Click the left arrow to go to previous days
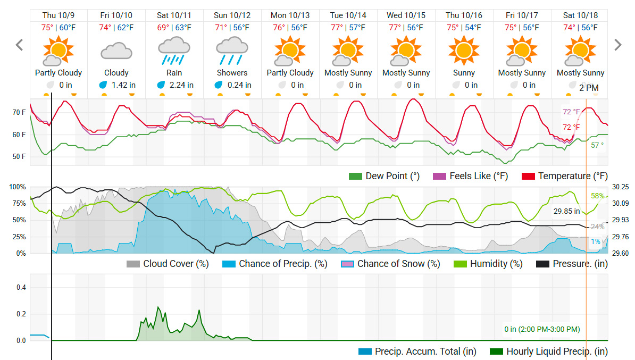[20, 45]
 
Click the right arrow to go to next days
[617, 45]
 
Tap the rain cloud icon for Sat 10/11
[174, 52]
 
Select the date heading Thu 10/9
[58, 15]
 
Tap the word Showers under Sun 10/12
[232, 73]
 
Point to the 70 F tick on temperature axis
[19, 113]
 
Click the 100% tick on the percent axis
[18, 187]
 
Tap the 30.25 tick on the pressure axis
[621, 187]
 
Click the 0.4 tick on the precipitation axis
[21, 288]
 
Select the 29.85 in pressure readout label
[566, 212]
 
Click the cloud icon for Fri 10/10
[116, 52]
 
